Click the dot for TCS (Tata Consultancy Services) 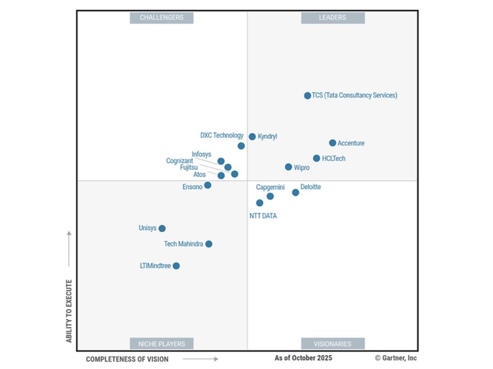(x=307, y=95)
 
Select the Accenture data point (x=332, y=143)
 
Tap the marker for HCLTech (x=317, y=158)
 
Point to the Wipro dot (x=288, y=167)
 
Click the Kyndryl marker (x=252, y=136)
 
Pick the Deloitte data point (x=295, y=192)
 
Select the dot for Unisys (x=162, y=228)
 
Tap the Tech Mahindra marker (x=209, y=244)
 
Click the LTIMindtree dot (x=176, y=266)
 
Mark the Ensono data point (x=208, y=185)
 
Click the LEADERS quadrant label (x=333, y=18)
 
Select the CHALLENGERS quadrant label (x=161, y=18)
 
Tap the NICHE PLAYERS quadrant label (x=161, y=343)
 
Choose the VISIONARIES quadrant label (x=333, y=343)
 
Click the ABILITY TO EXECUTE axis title (x=69, y=311)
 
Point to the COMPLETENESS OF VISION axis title (x=127, y=359)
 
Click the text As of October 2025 (x=303, y=358)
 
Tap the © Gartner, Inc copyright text (x=396, y=358)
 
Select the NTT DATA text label (x=263, y=215)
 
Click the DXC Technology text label (x=221, y=135)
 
